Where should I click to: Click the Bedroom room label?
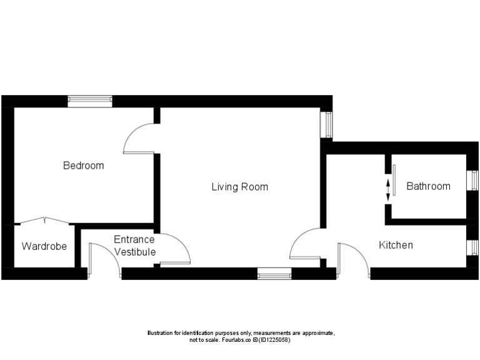83,166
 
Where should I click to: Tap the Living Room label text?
239,187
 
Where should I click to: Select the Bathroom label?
428,186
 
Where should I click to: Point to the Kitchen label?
396,245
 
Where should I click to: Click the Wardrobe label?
44,246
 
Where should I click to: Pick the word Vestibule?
134,252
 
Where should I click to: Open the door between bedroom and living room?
139,138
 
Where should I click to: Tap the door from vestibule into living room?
175,251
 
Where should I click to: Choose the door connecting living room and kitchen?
306,245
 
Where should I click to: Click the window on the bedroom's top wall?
90,101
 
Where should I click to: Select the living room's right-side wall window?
326,124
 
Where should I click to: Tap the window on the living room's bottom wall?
274,273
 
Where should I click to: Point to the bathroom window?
473,181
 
